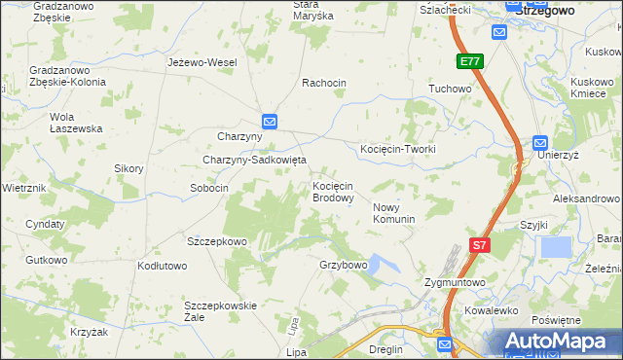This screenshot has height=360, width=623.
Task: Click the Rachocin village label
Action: tap(324, 83)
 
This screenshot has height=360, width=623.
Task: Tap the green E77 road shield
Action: tap(470, 62)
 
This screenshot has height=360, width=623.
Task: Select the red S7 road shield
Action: tap(479, 246)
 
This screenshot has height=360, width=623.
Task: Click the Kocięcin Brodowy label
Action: tap(332, 192)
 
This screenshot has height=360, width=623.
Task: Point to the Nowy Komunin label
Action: tap(394, 213)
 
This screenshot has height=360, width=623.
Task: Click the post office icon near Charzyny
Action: tap(270, 122)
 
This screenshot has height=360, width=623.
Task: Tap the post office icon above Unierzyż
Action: tap(541, 142)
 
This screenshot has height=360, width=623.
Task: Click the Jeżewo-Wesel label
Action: tap(202, 62)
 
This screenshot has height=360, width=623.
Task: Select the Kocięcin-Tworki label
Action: tap(398, 149)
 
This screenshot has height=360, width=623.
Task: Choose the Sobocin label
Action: tap(209, 188)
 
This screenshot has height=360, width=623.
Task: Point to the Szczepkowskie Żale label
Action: tap(220, 310)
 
